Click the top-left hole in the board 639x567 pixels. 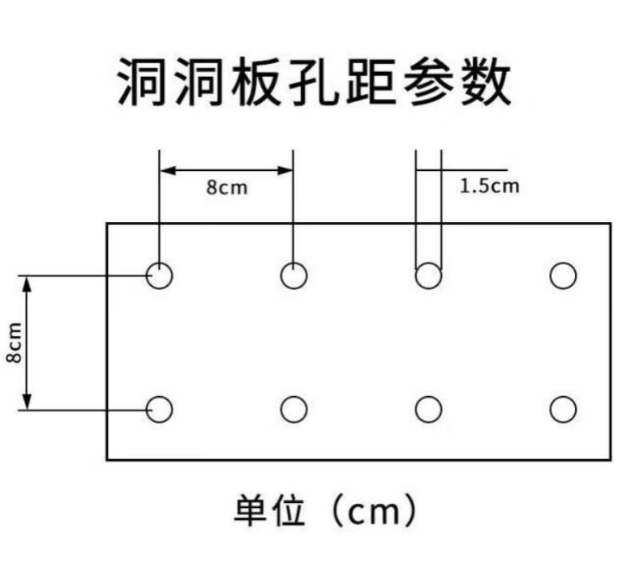pos(159,263)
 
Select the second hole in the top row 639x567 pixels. pos(294,263)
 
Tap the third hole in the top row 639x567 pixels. pos(428,263)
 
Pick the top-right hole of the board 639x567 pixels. pos(563,263)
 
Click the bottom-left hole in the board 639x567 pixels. pos(159,397)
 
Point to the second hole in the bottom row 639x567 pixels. pos(294,397)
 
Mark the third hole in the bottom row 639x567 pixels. pos(428,397)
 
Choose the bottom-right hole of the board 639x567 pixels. pos(563,397)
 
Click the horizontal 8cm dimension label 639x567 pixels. pos(227,188)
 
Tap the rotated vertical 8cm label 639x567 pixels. pos(14,343)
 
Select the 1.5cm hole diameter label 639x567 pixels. pos(490,186)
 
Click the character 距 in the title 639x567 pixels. pos(371,81)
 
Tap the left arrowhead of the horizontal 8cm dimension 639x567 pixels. pos(167,170)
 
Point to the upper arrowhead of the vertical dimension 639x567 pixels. pos(26,284)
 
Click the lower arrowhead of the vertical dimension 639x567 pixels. pos(26,402)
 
